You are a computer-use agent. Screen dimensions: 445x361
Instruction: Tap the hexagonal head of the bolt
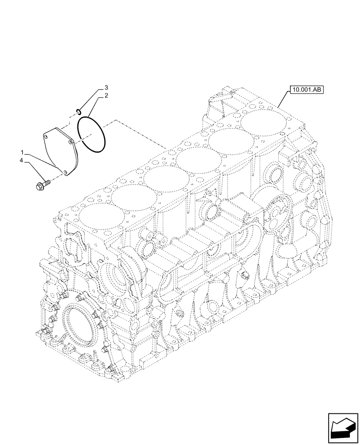click(39, 185)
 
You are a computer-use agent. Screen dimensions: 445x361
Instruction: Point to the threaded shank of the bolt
click(47, 182)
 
